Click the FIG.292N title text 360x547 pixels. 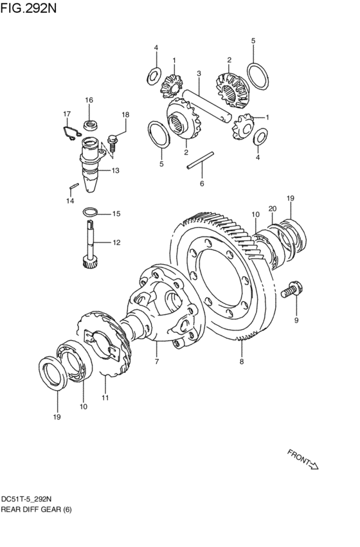[28, 8]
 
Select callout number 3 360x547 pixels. [199, 74]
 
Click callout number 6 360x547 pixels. [202, 183]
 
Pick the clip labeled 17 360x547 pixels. [73, 133]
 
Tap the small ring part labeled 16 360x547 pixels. [91, 125]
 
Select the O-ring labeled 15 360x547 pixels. [91, 211]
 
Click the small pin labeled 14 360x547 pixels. [73, 186]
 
